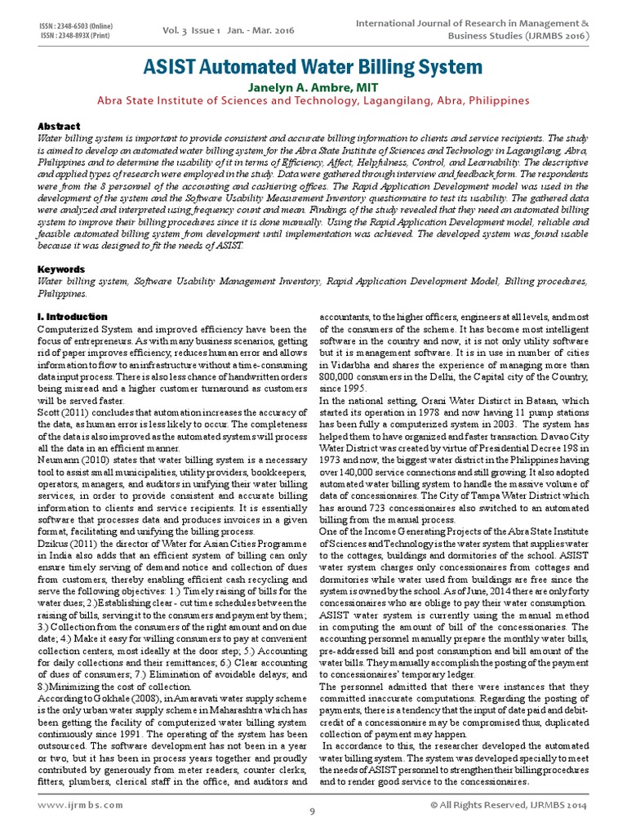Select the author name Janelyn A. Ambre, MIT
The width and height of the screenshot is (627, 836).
(313, 87)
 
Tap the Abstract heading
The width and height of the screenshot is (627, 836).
(60, 127)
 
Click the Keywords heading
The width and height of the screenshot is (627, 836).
(62, 269)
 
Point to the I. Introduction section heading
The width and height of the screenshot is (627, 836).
(73, 316)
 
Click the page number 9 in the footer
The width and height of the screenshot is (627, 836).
(312, 812)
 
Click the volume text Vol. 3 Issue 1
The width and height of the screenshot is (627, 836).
(193, 31)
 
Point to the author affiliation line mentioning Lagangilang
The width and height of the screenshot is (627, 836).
(313, 101)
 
